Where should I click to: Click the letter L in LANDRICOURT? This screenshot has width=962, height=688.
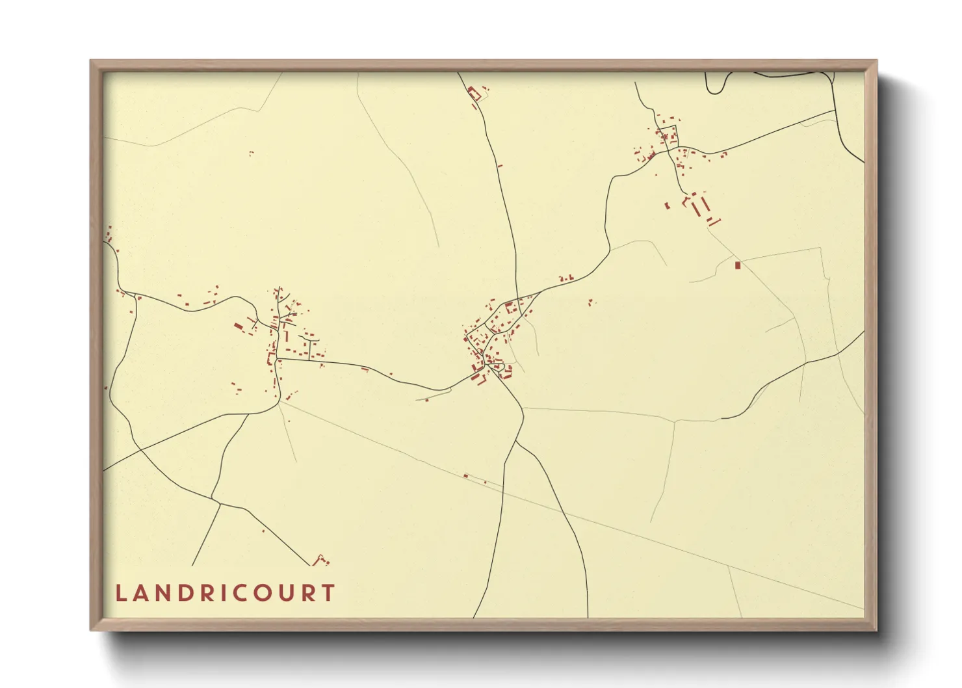click(120, 593)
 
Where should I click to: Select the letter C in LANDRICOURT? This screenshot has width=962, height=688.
click(237, 593)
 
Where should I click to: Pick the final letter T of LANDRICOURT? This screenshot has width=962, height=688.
click(329, 593)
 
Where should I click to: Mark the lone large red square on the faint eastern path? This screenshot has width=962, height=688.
click(737, 265)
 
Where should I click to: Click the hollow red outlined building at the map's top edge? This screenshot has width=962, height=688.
click(474, 95)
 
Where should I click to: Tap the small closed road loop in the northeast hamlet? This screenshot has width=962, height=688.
click(669, 136)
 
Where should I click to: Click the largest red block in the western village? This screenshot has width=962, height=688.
click(239, 325)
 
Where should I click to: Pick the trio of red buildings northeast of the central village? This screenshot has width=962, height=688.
click(566, 278)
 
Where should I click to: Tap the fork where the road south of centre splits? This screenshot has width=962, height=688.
click(516, 442)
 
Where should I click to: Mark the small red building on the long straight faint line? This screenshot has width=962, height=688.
click(465, 476)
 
